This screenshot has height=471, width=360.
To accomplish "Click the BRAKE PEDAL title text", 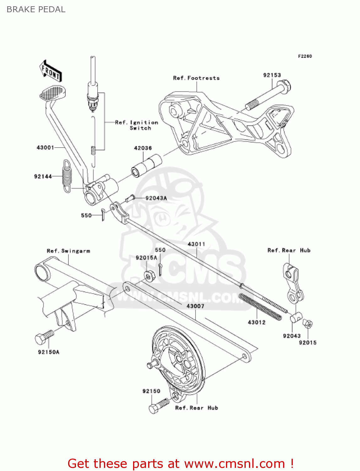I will [x=36, y=9].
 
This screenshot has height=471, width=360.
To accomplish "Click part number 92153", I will [x=272, y=75].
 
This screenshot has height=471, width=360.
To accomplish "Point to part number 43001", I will [x=46, y=148].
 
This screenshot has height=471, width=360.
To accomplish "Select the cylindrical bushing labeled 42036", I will [x=146, y=166].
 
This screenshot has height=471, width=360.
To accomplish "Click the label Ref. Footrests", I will [x=196, y=78].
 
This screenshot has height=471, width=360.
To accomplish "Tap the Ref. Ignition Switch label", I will [x=137, y=125].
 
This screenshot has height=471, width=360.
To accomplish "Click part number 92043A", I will [x=156, y=198].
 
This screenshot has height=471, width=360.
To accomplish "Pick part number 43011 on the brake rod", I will [x=196, y=244].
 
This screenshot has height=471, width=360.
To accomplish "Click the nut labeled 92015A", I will [x=148, y=276].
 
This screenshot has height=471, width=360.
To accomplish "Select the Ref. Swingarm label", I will [x=68, y=251].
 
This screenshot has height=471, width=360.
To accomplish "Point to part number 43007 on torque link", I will [x=195, y=306].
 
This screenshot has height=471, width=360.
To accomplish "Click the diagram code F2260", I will [x=305, y=56].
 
